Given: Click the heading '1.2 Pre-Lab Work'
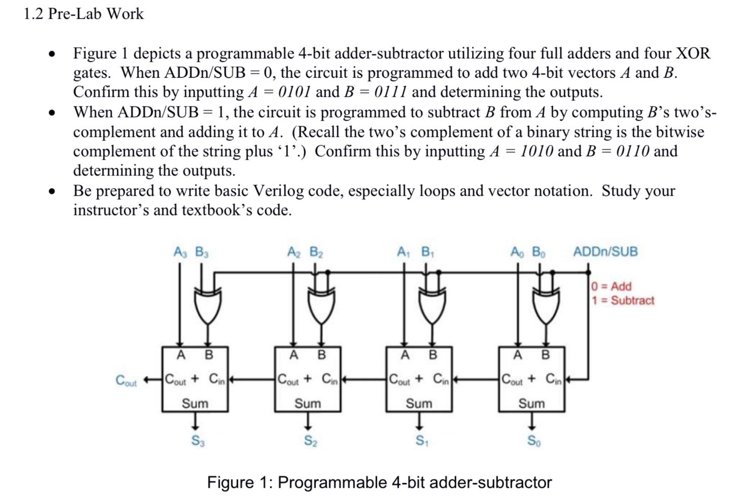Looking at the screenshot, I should tap(84, 14).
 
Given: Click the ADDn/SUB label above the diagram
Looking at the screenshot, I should tap(605, 252).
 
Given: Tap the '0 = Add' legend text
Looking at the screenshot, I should tap(612, 286).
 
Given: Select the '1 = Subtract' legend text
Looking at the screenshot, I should tap(623, 300).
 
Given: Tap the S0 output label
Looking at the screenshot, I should tap(534, 441).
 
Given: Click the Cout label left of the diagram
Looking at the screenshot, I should tap(126, 380).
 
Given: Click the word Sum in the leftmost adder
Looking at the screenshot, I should tap(195, 403).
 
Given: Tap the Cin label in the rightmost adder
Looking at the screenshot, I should tap(554, 379).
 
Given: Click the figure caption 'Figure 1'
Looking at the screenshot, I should tap(379, 482).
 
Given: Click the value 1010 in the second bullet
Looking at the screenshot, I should tap(536, 151).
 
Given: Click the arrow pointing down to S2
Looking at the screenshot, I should tap(307, 421).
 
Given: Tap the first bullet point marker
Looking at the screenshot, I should tap(51, 54).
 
